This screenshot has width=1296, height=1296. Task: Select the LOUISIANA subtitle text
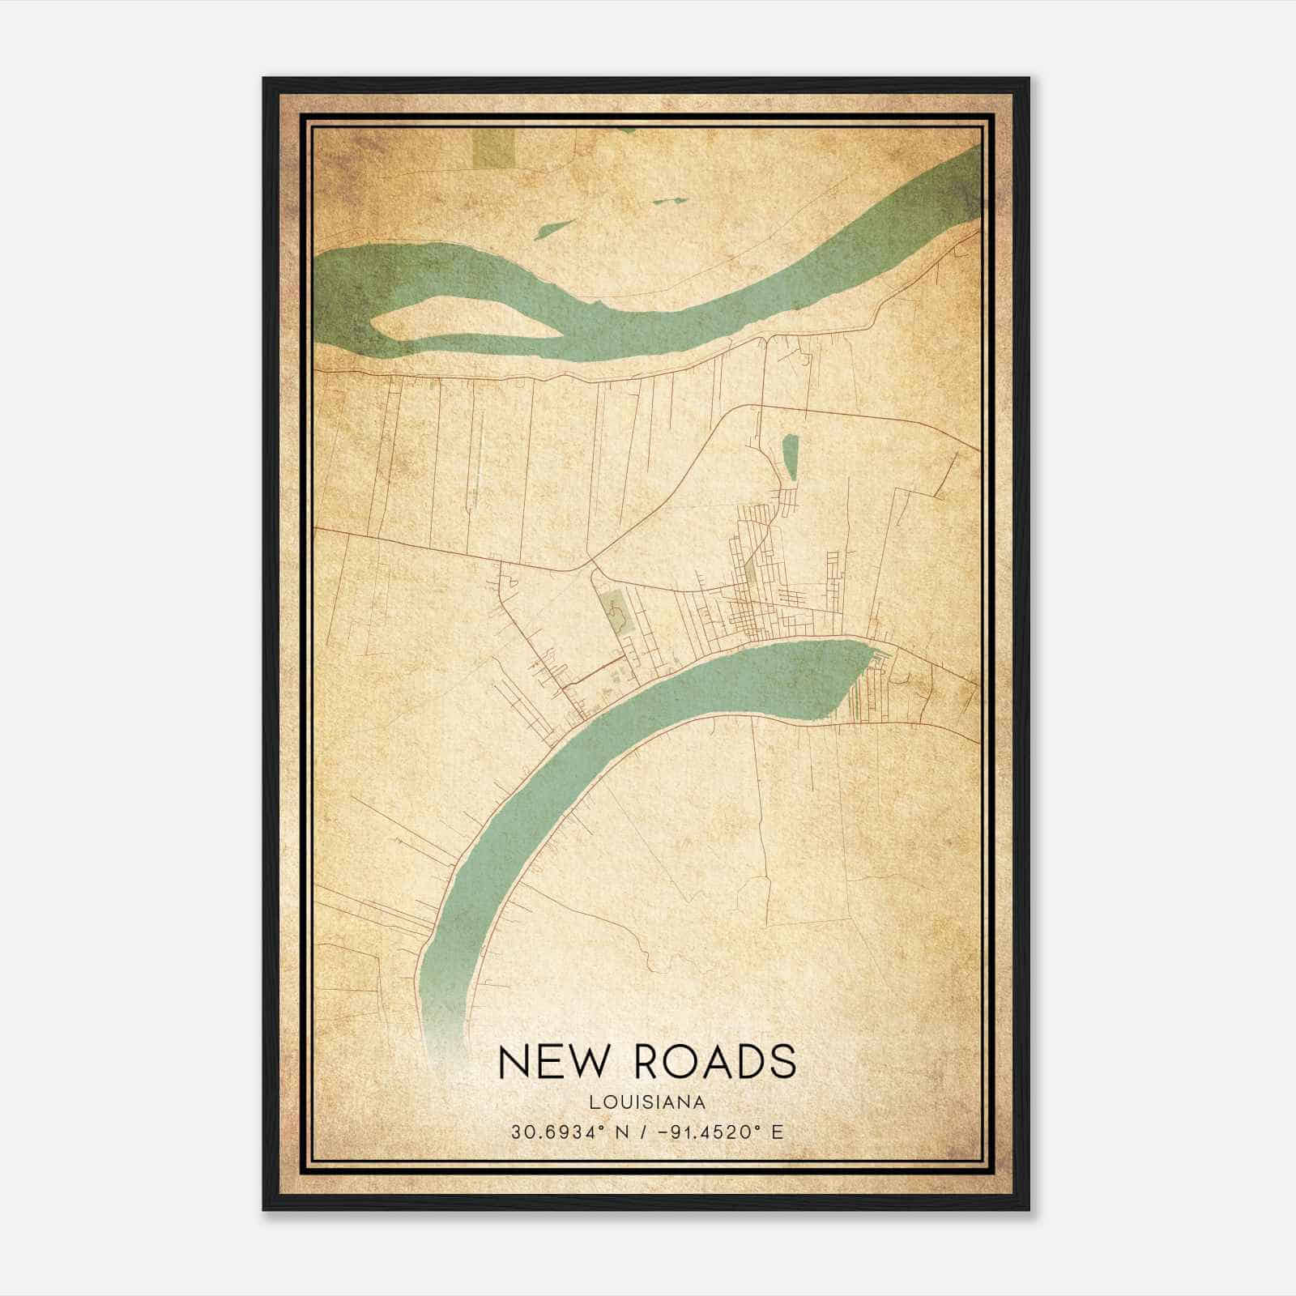(647, 1102)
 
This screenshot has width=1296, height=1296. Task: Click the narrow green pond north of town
(790, 456)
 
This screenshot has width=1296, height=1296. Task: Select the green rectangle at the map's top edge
(493, 148)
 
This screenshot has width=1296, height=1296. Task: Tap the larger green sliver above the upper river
(555, 229)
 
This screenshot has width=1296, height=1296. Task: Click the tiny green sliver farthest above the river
(671, 201)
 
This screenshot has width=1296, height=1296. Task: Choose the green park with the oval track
(616, 612)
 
